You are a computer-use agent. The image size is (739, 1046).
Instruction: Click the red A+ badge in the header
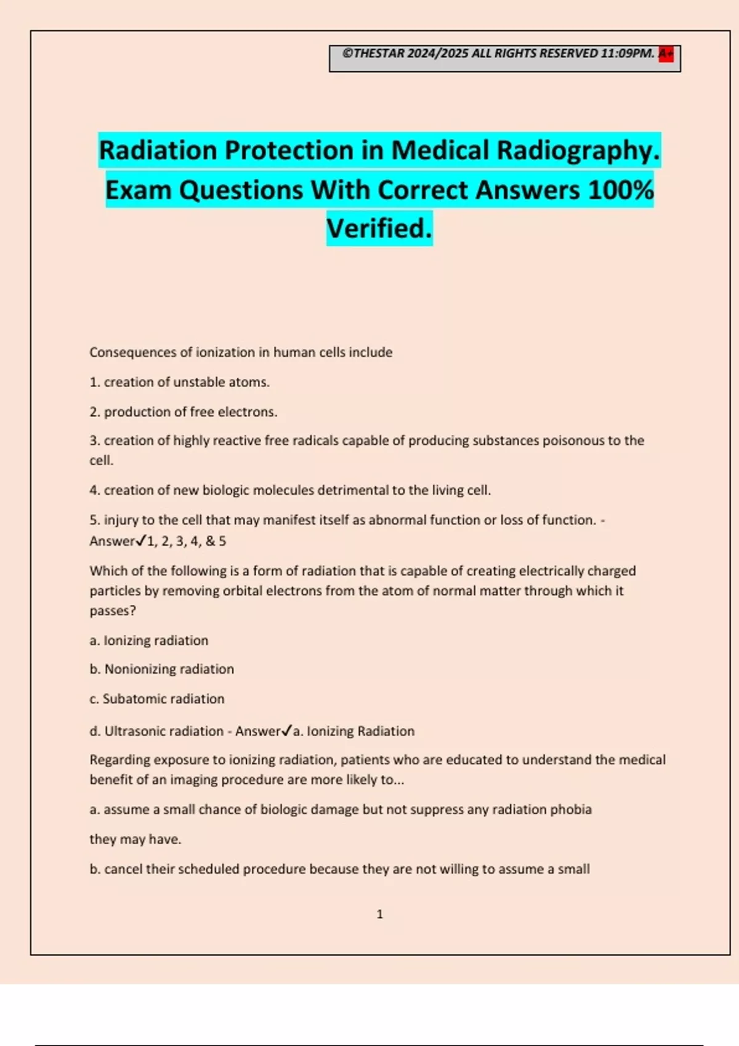pos(666,54)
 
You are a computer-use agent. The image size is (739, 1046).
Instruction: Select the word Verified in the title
pos(379,229)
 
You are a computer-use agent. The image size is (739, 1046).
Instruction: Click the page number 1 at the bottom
pos(379,914)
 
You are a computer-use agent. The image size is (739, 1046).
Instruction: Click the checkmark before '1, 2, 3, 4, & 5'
pos(141,541)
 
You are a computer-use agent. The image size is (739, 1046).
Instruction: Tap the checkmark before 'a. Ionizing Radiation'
pos(286,731)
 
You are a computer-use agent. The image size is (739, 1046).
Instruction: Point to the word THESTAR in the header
pos(379,54)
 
